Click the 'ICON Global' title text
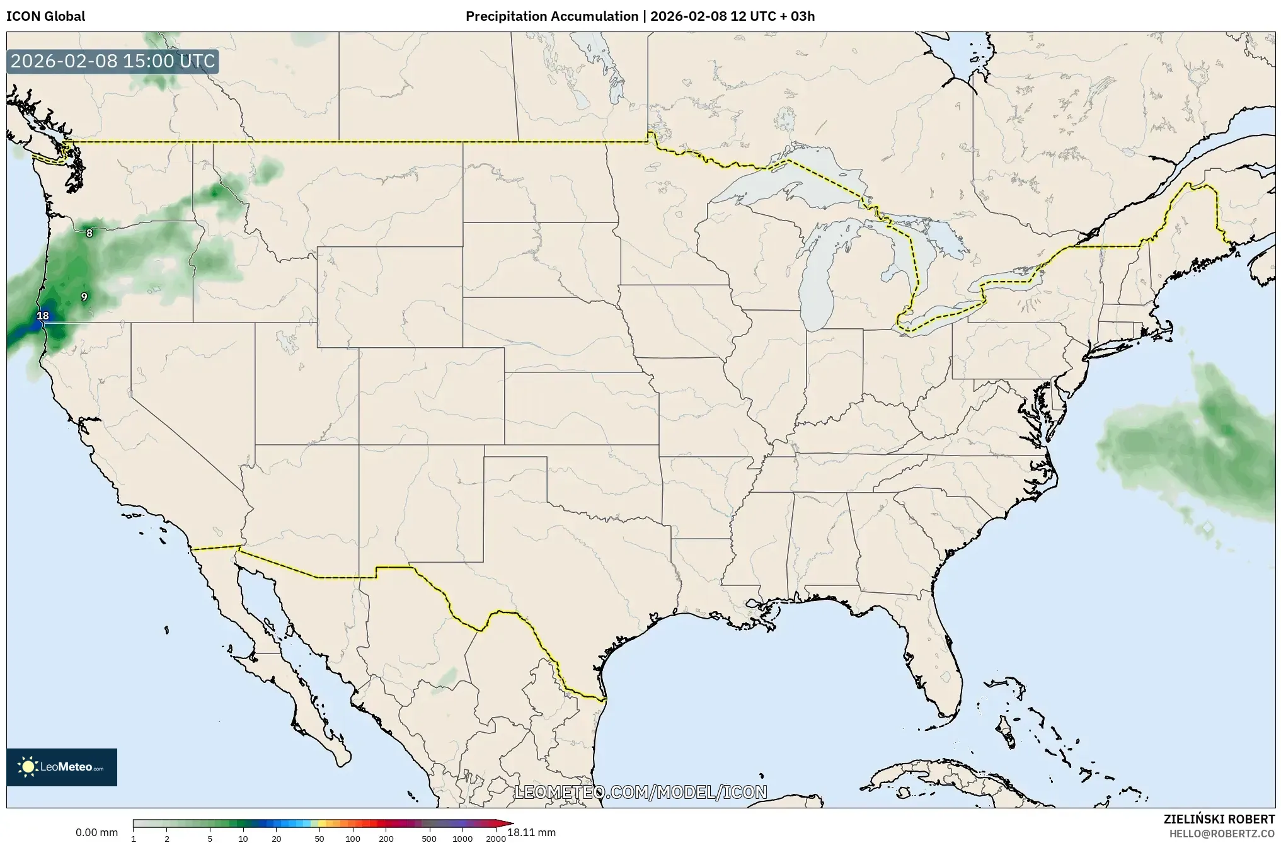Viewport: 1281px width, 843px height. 45,16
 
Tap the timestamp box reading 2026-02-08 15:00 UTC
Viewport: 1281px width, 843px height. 113,62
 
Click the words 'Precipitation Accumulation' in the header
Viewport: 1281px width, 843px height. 551,16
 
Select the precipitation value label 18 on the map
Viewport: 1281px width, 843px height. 43,316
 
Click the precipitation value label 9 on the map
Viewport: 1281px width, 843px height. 84,297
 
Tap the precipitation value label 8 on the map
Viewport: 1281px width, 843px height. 89,233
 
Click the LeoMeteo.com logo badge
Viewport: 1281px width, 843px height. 62,767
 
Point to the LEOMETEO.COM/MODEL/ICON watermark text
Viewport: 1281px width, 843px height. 640,792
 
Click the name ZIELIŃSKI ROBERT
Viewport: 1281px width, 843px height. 1219,819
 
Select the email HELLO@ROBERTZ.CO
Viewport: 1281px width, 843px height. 1222,834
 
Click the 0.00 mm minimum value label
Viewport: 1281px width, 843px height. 96,833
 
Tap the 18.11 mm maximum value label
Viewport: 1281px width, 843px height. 531,833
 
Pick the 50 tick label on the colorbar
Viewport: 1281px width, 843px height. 319,839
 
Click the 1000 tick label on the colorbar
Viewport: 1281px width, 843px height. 462,839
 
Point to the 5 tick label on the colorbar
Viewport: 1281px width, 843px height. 210,839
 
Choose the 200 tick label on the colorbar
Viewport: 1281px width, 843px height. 386,839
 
